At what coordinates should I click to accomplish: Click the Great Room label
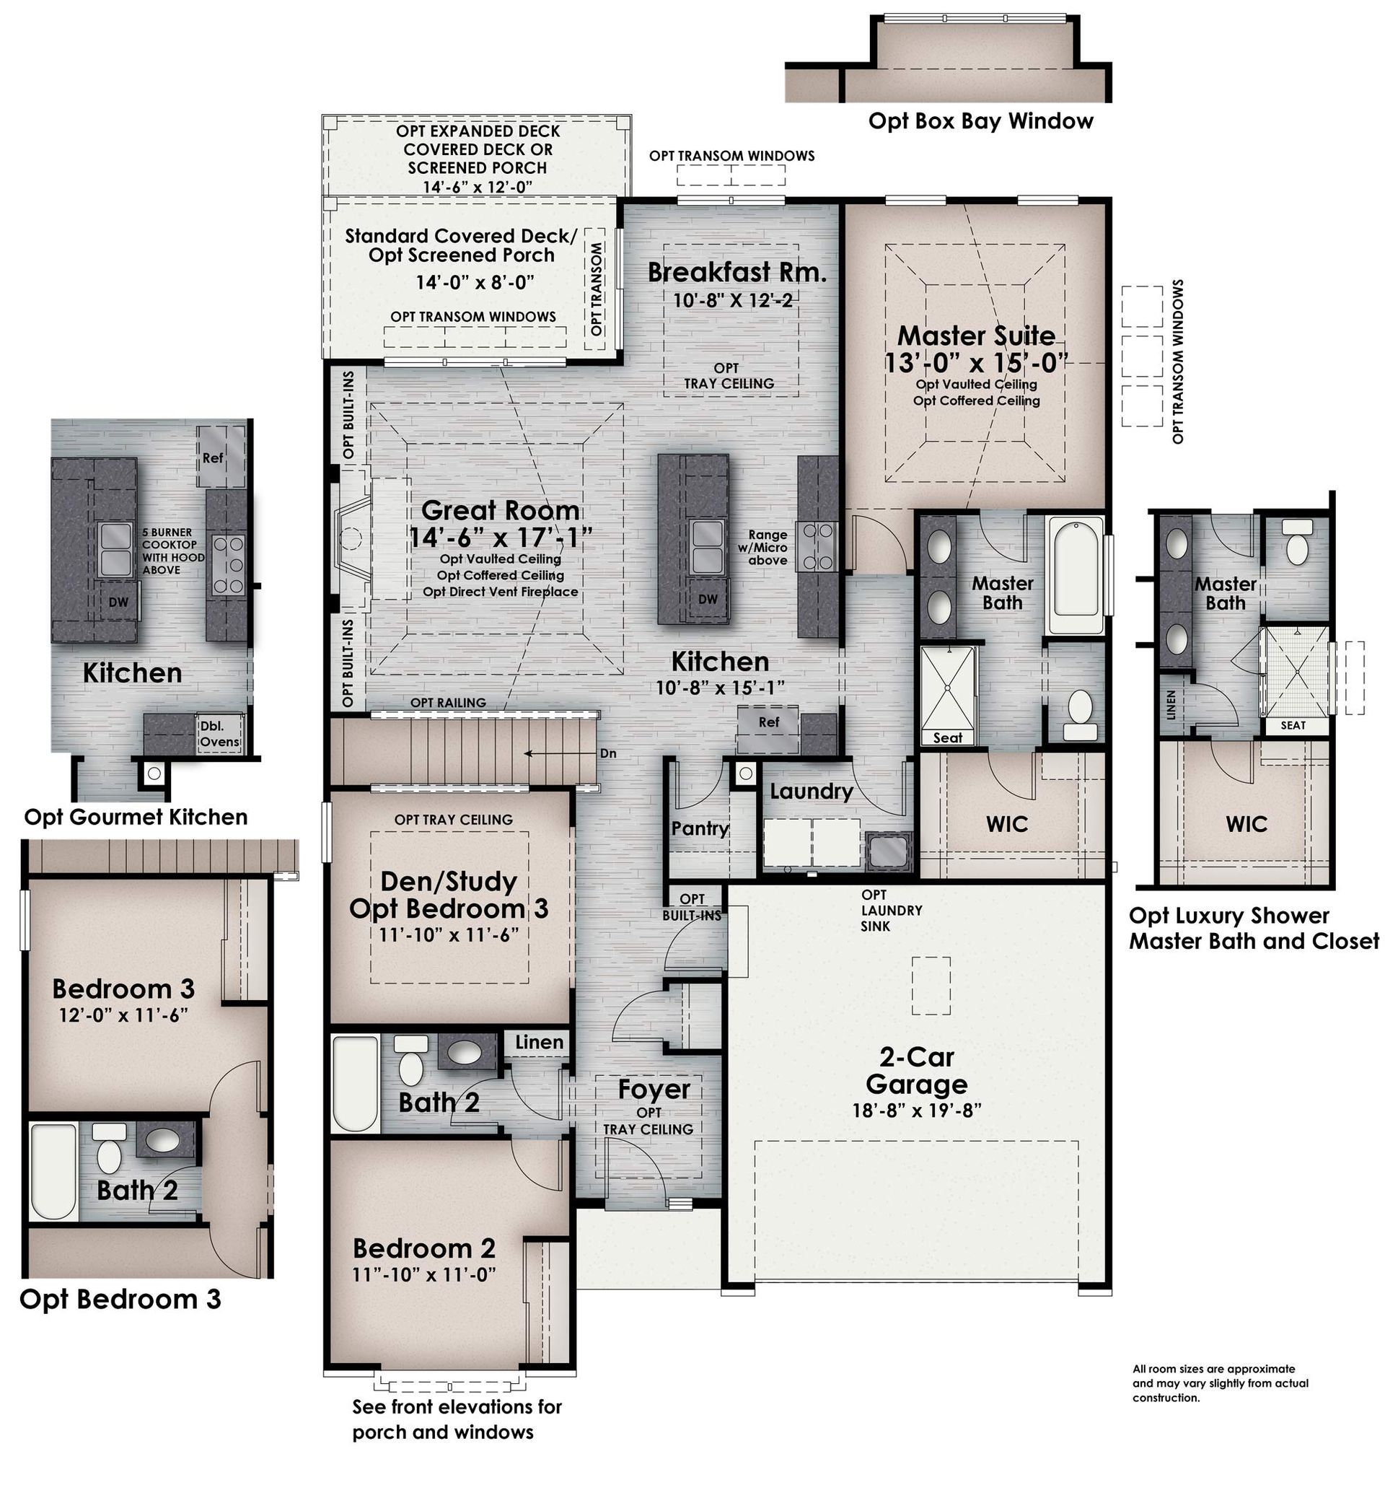(499, 510)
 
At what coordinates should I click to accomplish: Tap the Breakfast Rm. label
(737, 272)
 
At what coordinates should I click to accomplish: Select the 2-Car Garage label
(916, 1070)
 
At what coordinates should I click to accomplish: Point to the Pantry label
(700, 828)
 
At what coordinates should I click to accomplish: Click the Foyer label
(654, 1089)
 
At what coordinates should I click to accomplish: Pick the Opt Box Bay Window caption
(980, 121)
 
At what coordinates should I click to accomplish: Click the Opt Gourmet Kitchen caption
(136, 816)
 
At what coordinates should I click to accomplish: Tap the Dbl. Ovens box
(219, 734)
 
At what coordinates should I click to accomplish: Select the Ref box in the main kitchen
(768, 728)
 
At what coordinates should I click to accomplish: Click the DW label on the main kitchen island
(708, 598)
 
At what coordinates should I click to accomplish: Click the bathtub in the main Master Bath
(1076, 574)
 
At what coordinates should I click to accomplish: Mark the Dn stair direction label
(608, 753)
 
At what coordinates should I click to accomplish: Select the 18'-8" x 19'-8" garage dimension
(916, 1111)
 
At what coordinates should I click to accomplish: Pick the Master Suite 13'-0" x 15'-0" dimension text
(976, 362)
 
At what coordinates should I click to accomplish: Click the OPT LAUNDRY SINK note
(891, 911)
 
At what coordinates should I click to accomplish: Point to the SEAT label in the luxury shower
(1293, 725)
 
